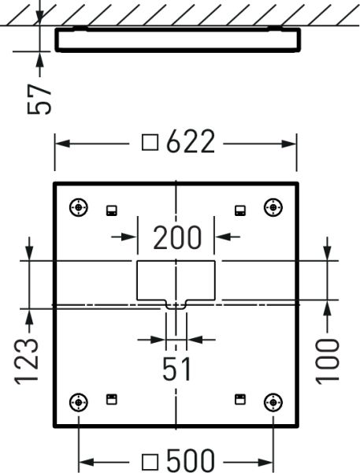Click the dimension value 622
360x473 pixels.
(x=190, y=143)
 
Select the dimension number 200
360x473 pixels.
(x=177, y=236)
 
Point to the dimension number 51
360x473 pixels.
(x=176, y=367)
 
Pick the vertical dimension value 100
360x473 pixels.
(x=328, y=360)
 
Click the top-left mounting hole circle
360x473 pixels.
(x=79, y=207)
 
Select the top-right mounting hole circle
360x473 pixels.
(x=273, y=207)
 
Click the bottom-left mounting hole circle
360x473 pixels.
(x=79, y=402)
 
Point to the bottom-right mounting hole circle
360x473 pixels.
(x=273, y=402)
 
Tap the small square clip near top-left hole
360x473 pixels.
(x=112, y=210)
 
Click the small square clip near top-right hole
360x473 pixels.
(x=239, y=210)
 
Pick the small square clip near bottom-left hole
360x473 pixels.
(x=112, y=399)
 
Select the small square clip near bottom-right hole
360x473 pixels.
(x=239, y=399)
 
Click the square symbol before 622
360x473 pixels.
(x=150, y=143)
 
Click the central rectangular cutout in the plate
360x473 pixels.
(x=176, y=279)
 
